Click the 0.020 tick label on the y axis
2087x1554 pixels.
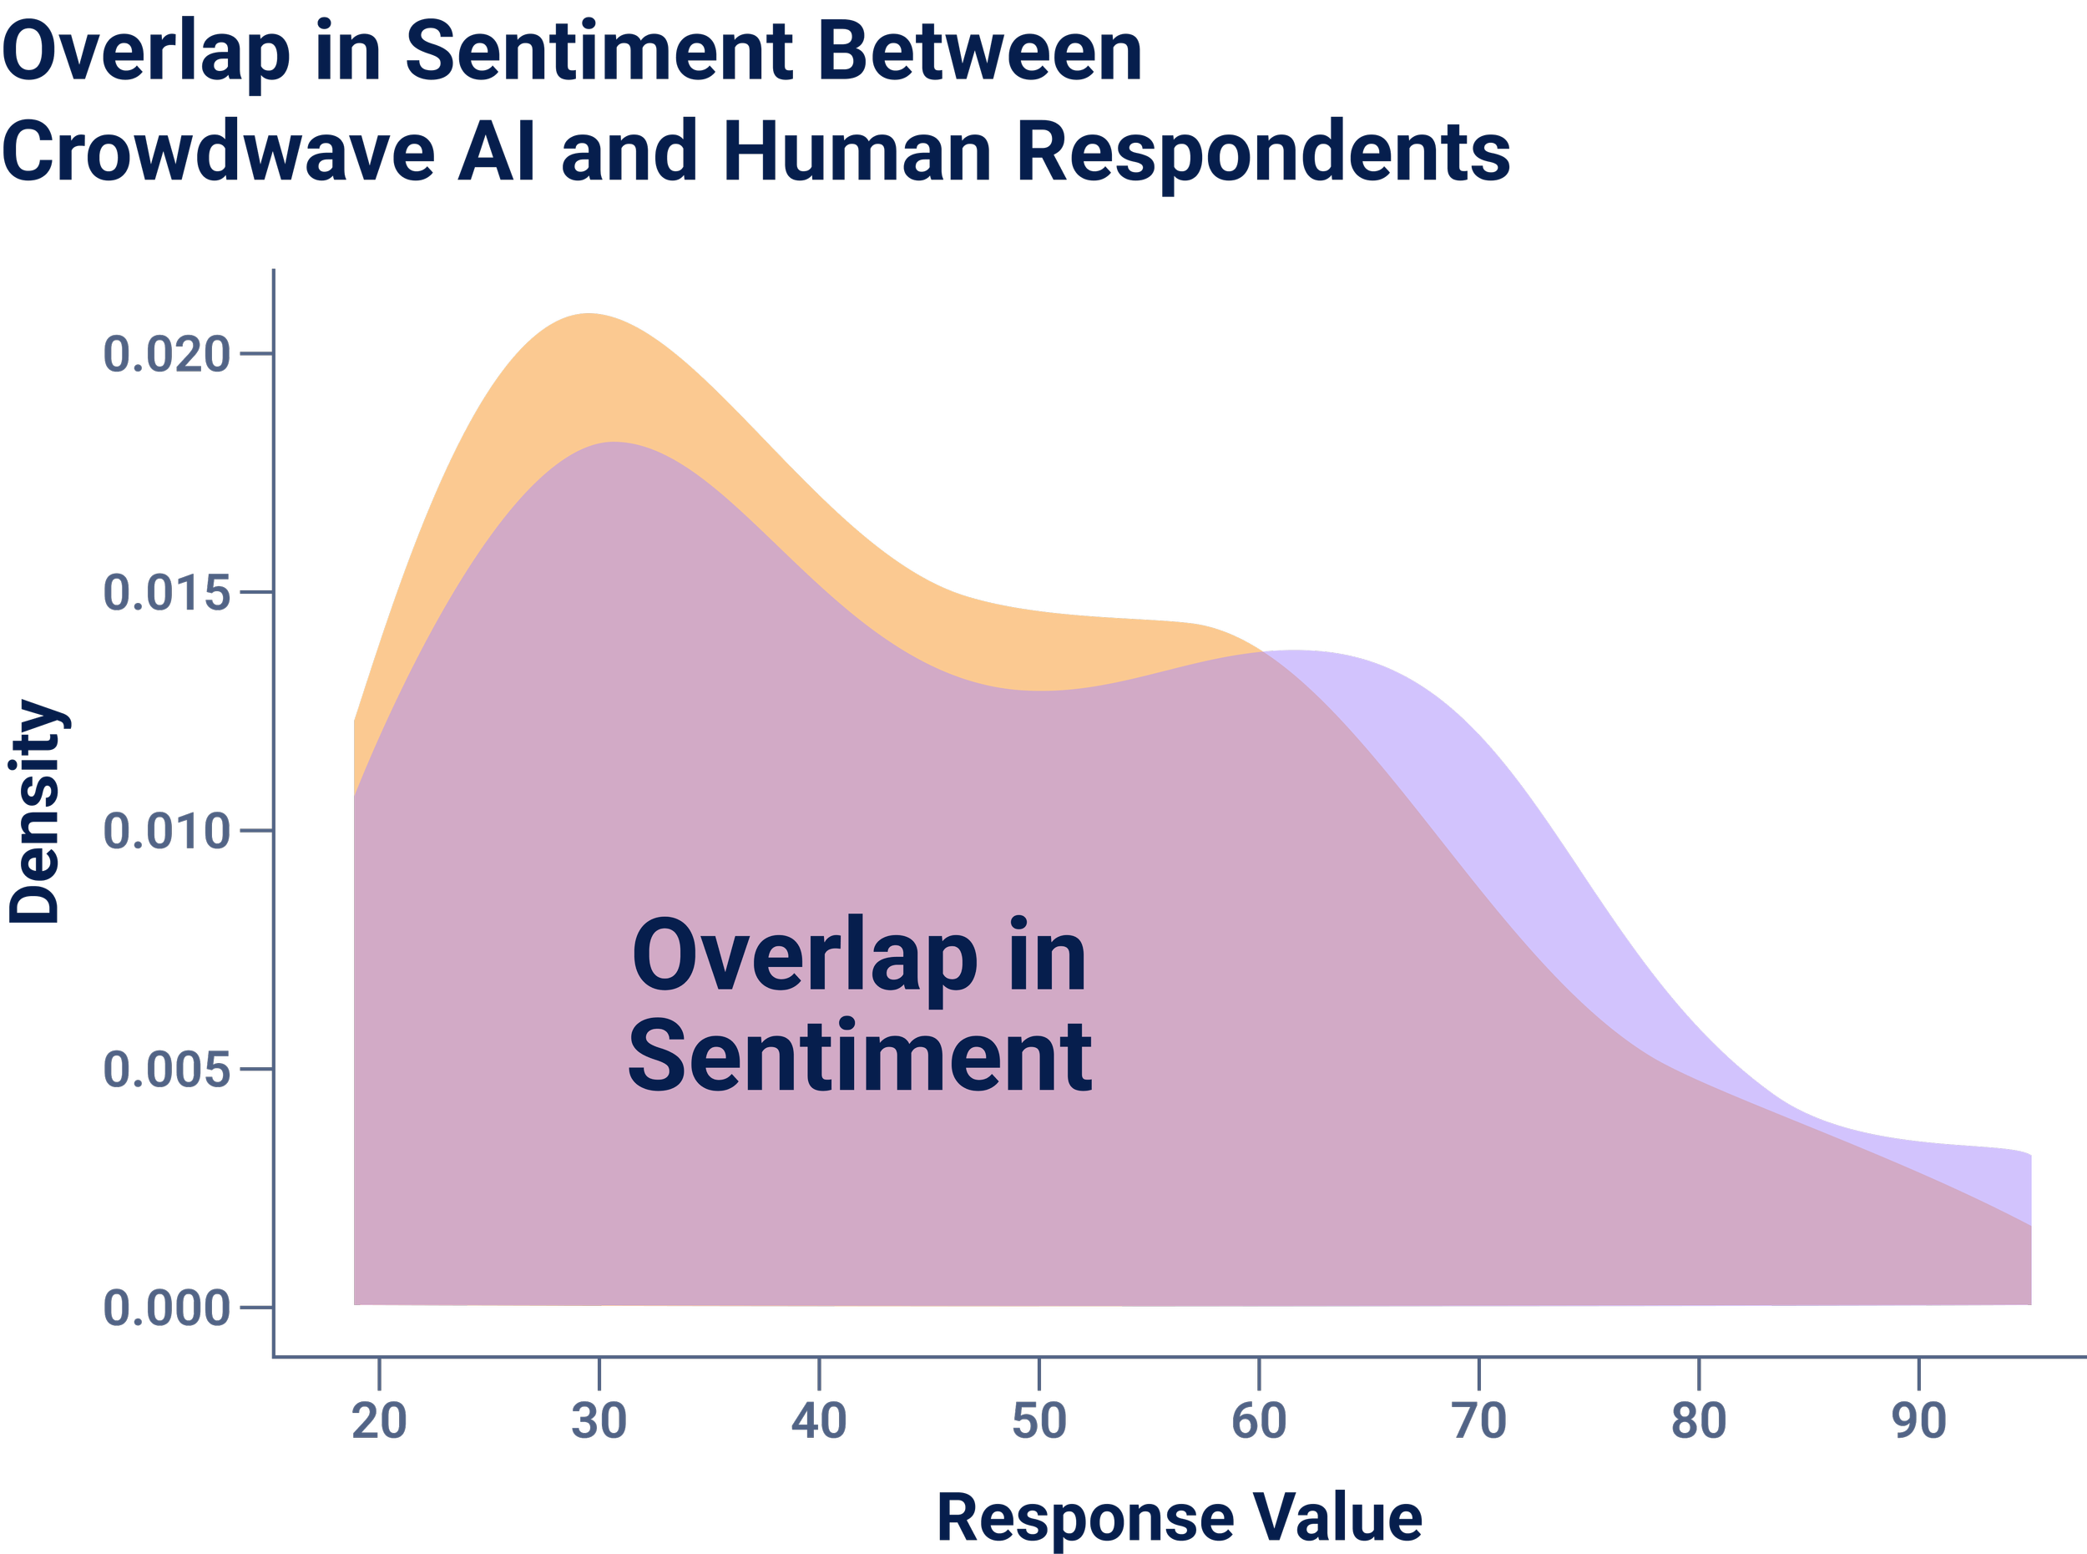166,355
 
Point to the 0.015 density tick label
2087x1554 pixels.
166,593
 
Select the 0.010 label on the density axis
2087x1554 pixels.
166,832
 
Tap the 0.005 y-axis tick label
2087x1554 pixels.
166,1070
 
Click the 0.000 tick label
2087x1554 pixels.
166,1308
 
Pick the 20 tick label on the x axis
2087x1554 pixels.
379,1421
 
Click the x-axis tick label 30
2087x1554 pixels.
599,1421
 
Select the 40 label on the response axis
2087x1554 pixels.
819,1421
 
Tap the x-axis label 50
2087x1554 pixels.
1039,1421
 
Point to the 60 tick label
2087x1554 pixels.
1260,1421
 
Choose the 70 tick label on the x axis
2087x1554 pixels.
1479,1421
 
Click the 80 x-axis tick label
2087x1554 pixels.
1700,1421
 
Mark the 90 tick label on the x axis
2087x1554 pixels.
1919,1421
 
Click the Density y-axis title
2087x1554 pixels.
35,812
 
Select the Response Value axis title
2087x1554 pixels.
1180,1517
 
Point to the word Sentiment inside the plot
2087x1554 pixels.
860,1056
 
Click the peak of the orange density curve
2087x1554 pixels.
589,314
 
